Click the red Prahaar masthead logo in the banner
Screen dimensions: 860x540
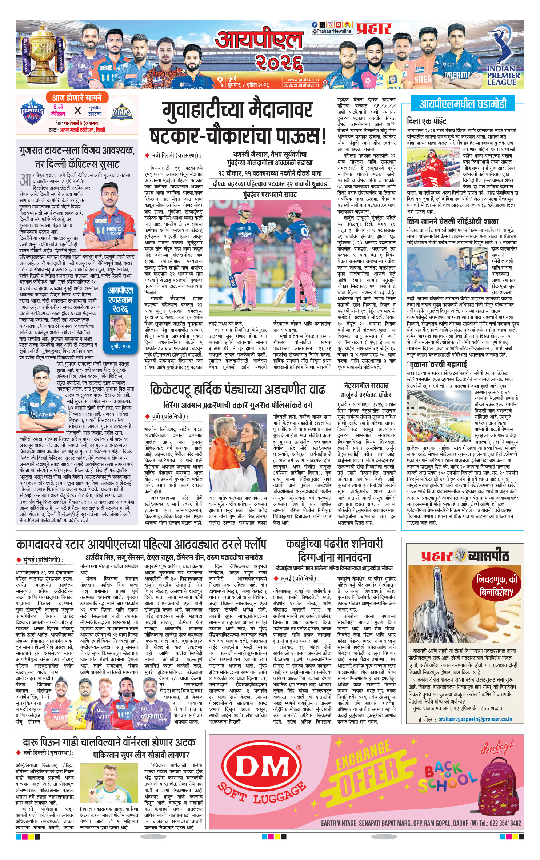(x=374, y=29)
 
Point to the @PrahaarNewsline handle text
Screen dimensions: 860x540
(x=332, y=31)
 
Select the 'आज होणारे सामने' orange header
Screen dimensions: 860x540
(x=76, y=98)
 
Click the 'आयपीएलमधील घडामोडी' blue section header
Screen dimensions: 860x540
(x=463, y=104)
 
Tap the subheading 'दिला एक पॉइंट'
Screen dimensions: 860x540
(x=427, y=121)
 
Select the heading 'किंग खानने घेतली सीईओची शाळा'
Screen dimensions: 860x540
(x=452, y=221)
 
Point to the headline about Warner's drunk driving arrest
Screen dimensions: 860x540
(x=109, y=742)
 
